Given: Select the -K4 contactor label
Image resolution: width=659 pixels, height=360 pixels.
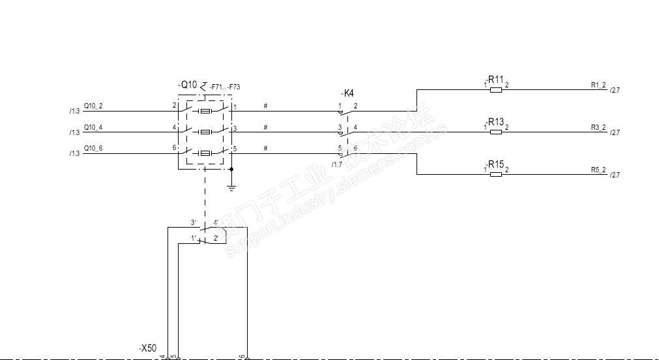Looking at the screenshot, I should (x=347, y=93).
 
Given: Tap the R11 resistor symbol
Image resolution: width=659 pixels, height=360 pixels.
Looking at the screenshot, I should (x=495, y=90).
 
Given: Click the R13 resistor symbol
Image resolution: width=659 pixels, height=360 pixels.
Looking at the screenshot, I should (x=495, y=132).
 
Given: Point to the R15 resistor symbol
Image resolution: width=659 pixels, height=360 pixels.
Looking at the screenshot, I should (x=495, y=174).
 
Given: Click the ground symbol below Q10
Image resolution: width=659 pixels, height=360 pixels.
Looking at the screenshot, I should (x=231, y=188).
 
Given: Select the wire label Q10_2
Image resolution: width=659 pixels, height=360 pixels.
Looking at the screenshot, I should (x=93, y=106).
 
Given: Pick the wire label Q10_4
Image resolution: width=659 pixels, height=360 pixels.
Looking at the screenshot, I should (x=93, y=127).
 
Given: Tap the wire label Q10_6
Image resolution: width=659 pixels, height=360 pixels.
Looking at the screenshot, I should (x=93, y=149).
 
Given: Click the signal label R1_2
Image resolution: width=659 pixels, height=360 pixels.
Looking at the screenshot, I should (x=598, y=85).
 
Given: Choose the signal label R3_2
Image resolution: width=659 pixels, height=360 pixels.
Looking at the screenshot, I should (x=598, y=127).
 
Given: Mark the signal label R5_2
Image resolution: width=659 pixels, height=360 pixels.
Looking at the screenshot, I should (x=598, y=170).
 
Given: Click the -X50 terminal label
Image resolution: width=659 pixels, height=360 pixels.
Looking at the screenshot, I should (x=147, y=349).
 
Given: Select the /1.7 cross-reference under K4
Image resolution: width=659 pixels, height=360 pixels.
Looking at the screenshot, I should (x=336, y=164).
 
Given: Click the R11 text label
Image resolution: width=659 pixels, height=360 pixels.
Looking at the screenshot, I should (x=497, y=80).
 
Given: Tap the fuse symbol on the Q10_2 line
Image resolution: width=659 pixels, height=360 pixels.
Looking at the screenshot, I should (x=205, y=112).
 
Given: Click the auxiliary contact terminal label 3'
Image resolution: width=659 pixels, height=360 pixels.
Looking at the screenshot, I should (x=194, y=222).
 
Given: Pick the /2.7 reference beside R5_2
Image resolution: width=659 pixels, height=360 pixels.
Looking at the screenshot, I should (x=614, y=175).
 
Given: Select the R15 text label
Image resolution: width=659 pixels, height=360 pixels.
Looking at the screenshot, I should (x=497, y=164).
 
